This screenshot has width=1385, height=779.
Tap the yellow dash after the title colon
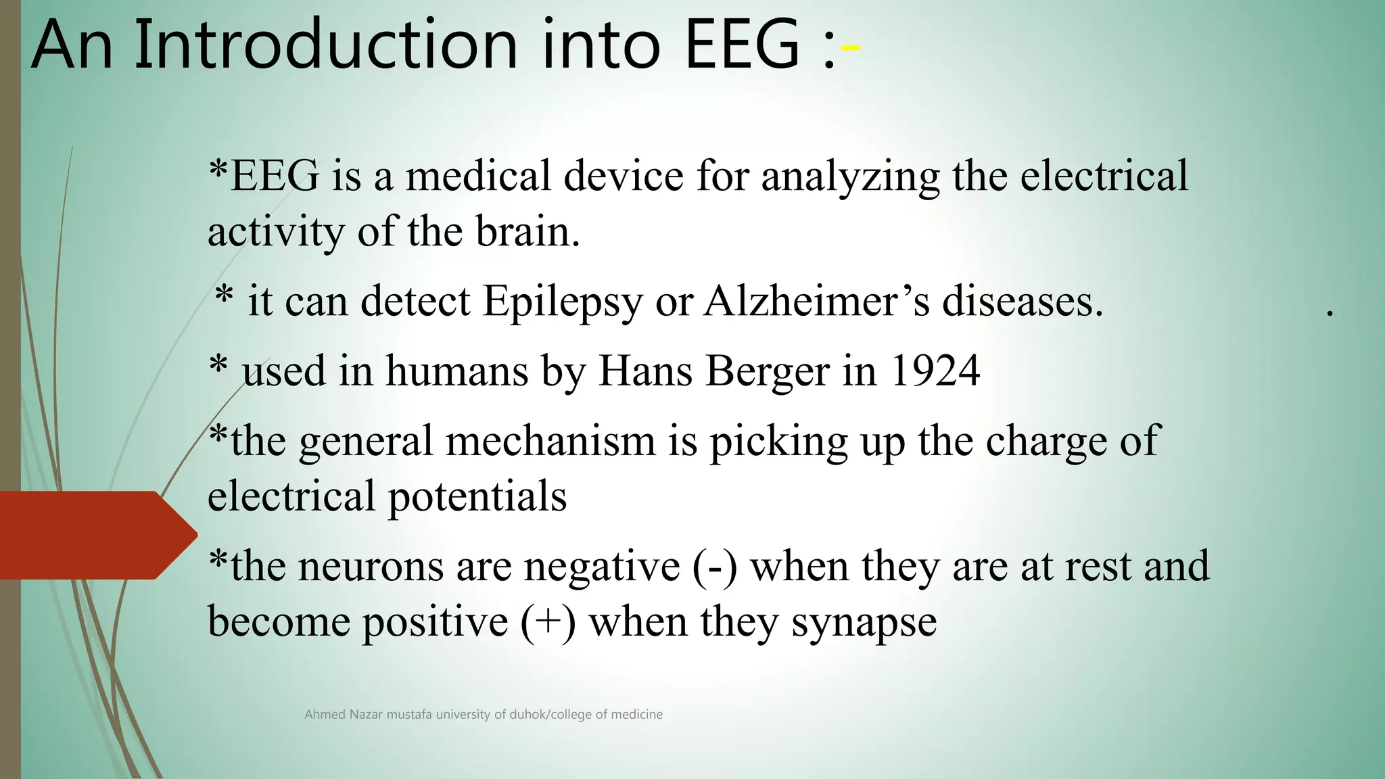click(x=850, y=48)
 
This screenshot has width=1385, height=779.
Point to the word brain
click(x=527, y=232)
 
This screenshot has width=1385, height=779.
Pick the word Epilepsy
click(x=562, y=302)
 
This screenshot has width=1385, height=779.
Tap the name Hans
click(x=645, y=371)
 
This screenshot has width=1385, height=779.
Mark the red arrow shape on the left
click(x=95, y=535)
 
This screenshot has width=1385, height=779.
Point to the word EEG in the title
click(x=742, y=45)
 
